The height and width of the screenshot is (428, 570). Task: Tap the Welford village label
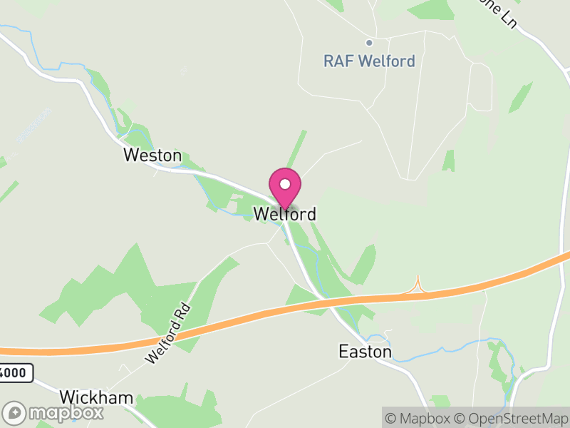point(285,214)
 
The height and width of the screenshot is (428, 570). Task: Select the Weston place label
point(152,156)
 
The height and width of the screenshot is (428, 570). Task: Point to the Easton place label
point(365,352)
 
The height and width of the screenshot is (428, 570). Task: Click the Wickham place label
point(96,397)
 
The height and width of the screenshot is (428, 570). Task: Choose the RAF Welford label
point(369,61)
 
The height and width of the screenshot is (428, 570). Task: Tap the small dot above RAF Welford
point(369,43)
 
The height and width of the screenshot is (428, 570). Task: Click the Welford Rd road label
point(168,333)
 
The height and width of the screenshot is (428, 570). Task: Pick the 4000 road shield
point(16,372)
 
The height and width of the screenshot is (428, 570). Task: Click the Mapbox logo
point(53,412)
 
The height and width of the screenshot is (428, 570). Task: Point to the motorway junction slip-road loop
point(418,286)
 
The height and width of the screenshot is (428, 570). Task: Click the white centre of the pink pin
point(285,184)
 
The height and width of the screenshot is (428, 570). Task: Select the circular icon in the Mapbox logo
point(14,412)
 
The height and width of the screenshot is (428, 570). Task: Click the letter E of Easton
point(343,352)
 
